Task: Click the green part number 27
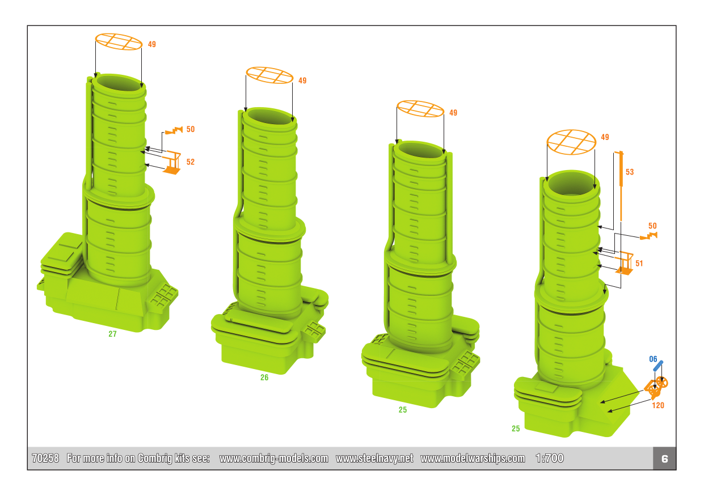pos(112,334)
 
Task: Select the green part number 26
pos(264,378)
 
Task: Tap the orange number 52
pos(191,162)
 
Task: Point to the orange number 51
pos(639,263)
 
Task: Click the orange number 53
pos(630,172)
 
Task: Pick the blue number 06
pos(653,359)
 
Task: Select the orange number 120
pos(658,405)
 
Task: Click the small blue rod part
pos(658,366)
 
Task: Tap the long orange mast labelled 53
pos(621,186)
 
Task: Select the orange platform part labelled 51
pos(625,263)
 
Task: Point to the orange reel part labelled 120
pos(656,388)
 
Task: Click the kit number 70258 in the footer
pos(45,459)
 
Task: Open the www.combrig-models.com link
pos(274,459)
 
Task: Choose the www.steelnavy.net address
pos(374,459)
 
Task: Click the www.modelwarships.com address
pos(473,459)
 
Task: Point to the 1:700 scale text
pos(550,459)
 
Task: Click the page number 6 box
pos(664,459)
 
